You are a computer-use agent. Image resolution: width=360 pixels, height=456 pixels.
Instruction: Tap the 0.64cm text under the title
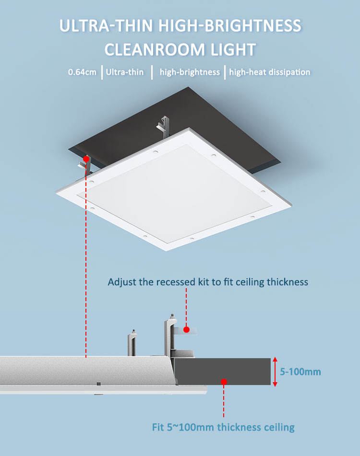click(82, 72)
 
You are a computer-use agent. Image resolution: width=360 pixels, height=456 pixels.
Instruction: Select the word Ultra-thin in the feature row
click(125, 72)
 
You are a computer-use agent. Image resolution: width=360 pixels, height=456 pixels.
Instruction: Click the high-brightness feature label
click(190, 72)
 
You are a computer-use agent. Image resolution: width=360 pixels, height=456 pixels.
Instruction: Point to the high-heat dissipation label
click(269, 72)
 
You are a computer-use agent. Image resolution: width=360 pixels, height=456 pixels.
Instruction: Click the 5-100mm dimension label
click(301, 372)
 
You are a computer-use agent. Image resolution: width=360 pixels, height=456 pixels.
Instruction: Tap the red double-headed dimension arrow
click(275, 372)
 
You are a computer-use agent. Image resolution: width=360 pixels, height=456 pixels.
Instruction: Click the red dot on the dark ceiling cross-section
click(223, 382)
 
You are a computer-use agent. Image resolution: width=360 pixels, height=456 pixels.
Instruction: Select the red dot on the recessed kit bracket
click(186, 330)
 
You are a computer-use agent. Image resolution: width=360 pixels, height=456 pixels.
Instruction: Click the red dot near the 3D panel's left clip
click(85, 158)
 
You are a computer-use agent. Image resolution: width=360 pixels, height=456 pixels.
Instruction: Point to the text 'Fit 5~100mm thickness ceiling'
click(223, 427)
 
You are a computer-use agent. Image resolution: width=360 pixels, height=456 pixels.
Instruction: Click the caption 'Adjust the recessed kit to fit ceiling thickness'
click(208, 281)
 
